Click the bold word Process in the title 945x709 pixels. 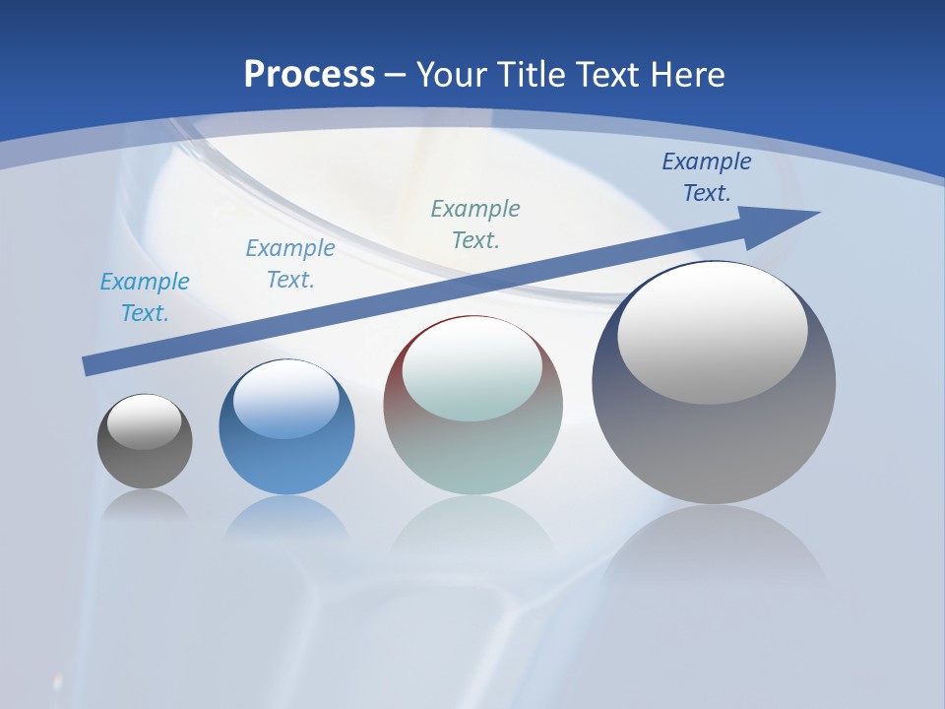[309, 75]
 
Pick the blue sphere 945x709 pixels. [286, 463]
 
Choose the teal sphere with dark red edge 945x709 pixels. [472, 453]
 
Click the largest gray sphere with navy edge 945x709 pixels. [714, 443]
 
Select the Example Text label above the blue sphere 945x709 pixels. [290, 264]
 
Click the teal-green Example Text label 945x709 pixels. [475, 224]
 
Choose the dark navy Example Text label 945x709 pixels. [707, 177]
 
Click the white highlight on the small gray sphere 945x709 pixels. [145, 422]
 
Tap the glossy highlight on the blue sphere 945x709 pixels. [286, 400]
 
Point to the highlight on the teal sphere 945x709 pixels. [472, 369]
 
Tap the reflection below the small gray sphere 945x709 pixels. [145, 506]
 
